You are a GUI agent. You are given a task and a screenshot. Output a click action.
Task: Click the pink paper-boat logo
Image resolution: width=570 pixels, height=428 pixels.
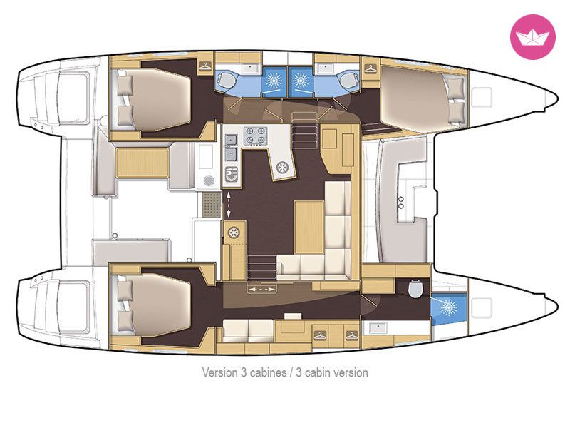(x=532, y=36)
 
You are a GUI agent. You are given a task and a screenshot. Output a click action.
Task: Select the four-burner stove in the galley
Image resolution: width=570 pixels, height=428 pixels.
(x=256, y=136)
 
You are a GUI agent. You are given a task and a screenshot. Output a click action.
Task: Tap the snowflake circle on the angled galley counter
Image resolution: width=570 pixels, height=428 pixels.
(x=282, y=168)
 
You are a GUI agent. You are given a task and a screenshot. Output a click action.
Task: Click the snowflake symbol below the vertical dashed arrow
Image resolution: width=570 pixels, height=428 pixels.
(x=234, y=233)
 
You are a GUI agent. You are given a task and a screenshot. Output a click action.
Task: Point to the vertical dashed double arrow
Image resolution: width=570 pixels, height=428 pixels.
(x=228, y=205)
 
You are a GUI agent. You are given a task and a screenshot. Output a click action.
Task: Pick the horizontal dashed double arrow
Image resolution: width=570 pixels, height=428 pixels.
(x=261, y=290)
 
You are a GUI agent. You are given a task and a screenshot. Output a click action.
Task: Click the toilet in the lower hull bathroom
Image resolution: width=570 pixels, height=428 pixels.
(x=415, y=289)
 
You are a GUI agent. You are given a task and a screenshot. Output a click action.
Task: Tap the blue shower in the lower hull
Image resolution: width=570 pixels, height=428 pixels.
(x=449, y=308)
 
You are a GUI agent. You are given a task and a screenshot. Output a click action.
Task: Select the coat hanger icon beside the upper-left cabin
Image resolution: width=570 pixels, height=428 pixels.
(x=205, y=66)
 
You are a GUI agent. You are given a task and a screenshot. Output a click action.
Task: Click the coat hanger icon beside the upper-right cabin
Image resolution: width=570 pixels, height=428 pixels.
(x=370, y=68)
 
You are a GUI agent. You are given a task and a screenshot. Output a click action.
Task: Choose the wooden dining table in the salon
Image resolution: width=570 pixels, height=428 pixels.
(x=309, y=227)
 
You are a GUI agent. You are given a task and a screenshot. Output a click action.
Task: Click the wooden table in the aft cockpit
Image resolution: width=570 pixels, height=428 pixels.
(x=142, y=163)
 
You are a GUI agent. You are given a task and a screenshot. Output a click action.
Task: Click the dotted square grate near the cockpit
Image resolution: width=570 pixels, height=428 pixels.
(x=211, y=205)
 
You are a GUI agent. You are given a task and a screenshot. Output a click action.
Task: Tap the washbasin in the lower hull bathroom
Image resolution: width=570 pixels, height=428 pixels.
(x=378, y=328)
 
